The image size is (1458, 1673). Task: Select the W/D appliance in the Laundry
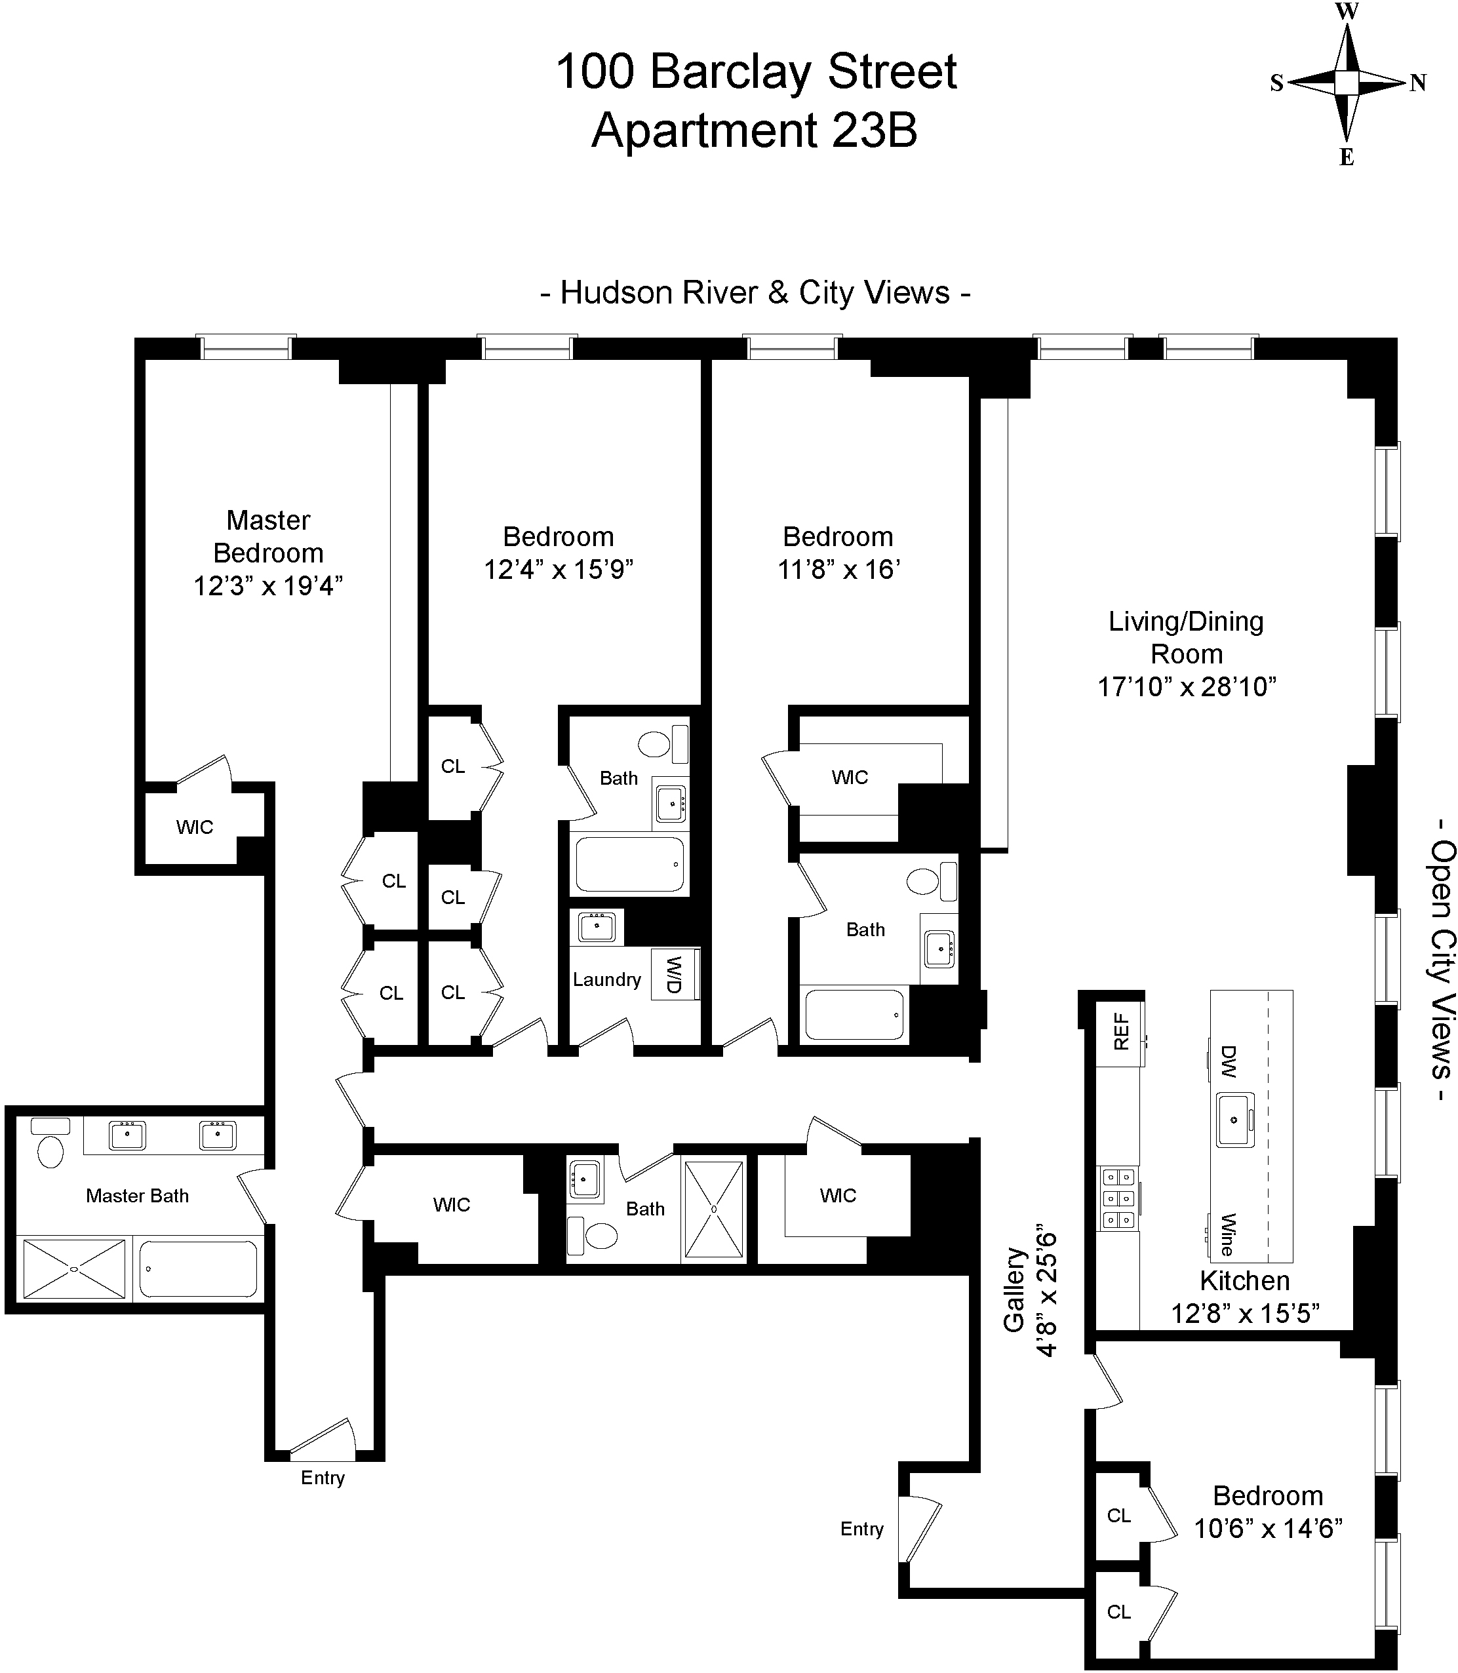(x=675, y=974)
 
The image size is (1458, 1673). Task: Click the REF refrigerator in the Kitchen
(x=1120, y=1031)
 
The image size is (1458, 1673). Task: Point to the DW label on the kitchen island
(x=1229, y=1062)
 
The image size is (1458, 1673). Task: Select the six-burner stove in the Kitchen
(x=1118, y=1198)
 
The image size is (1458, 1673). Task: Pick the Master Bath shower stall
(x=74, y=1269)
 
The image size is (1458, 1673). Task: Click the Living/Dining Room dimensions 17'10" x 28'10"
(x=1186, y=687)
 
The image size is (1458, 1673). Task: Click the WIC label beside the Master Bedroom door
(x=195, y=827)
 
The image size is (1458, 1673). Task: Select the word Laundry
(x=606, y=979)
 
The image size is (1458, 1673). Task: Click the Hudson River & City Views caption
(x=755, y=293)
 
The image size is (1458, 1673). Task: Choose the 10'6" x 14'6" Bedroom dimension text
(x=1267, y=1528)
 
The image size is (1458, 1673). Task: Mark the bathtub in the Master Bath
(x=199, y=1269)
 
